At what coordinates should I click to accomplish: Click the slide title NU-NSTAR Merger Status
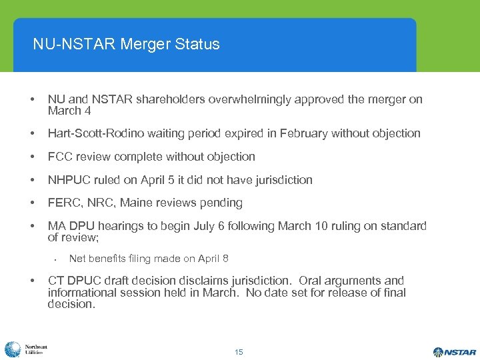point(126,45)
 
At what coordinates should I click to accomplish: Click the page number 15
point(239,351)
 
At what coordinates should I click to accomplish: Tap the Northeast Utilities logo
point(25,349)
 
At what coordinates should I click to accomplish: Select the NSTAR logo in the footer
point(454,351)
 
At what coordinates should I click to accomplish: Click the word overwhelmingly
point(246,99)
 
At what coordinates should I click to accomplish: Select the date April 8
point(214,259)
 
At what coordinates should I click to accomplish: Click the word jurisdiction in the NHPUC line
point(281,180)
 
